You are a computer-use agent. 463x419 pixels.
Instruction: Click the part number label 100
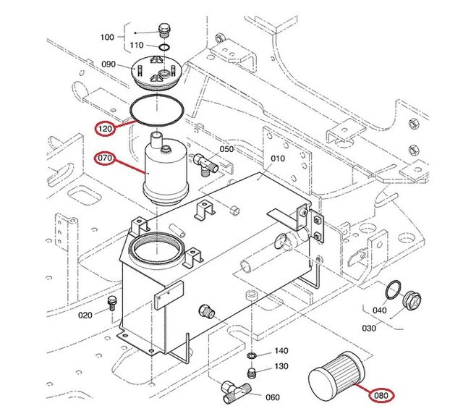107,37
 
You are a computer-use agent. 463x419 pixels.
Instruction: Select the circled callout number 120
106,129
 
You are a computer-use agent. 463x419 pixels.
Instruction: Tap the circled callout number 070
106,157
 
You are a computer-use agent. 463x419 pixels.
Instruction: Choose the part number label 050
226,149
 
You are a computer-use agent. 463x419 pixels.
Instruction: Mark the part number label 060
272,397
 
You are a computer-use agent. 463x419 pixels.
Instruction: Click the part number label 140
281,351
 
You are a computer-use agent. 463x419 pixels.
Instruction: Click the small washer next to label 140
251,356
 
